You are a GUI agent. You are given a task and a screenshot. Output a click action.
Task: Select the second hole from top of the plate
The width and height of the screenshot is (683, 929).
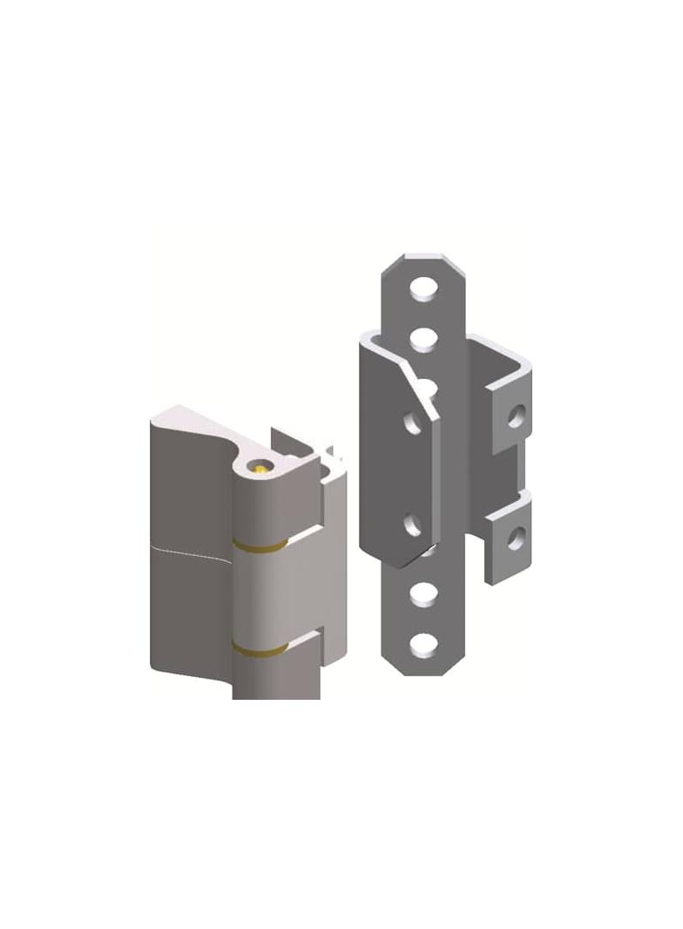424,336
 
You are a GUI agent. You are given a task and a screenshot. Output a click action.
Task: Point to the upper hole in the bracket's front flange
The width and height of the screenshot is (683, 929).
413,424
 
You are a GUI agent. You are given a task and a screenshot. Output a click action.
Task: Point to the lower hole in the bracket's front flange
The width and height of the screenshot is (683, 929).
413,525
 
